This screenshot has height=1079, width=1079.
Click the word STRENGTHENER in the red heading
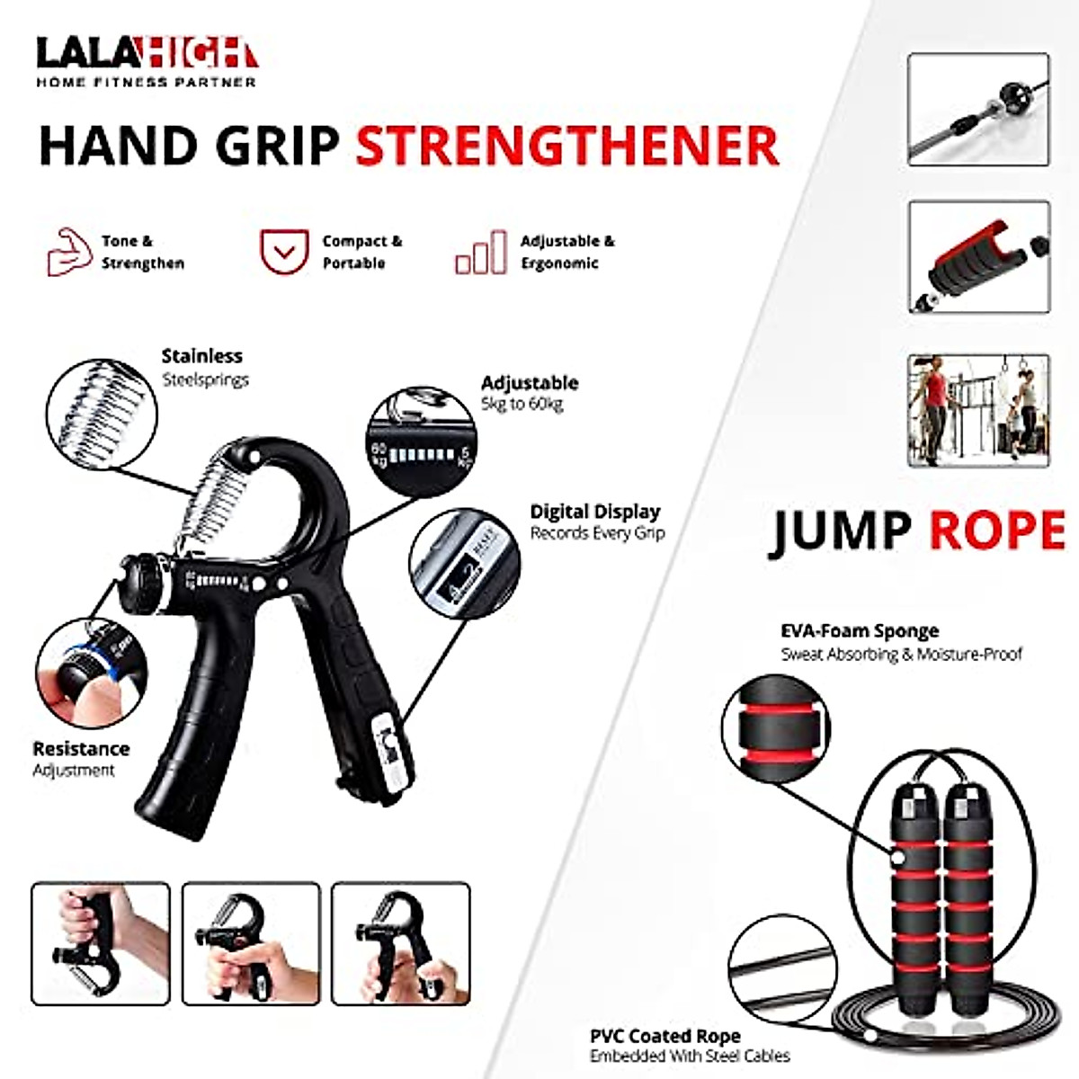[x=566, y=147]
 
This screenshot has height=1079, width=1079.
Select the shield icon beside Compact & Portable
[x=284, y=251]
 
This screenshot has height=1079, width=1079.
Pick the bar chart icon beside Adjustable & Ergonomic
[x=480, y=253]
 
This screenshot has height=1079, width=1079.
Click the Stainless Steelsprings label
[x=203, y=367]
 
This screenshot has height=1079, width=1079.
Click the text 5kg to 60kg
[x=522, y=405]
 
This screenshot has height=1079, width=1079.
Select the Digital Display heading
[x=594, y=512]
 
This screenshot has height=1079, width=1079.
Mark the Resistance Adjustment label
[x=80, y=758]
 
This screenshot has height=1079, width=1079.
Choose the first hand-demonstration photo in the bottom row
[x=101, y=943]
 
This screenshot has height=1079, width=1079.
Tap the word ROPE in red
[x=996, y=531]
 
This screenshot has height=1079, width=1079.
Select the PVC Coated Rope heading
[x=664, y=1037]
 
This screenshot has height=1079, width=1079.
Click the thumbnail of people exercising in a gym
[x=978, y=410]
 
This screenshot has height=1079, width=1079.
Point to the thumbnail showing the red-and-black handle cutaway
[x=978, y=257]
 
